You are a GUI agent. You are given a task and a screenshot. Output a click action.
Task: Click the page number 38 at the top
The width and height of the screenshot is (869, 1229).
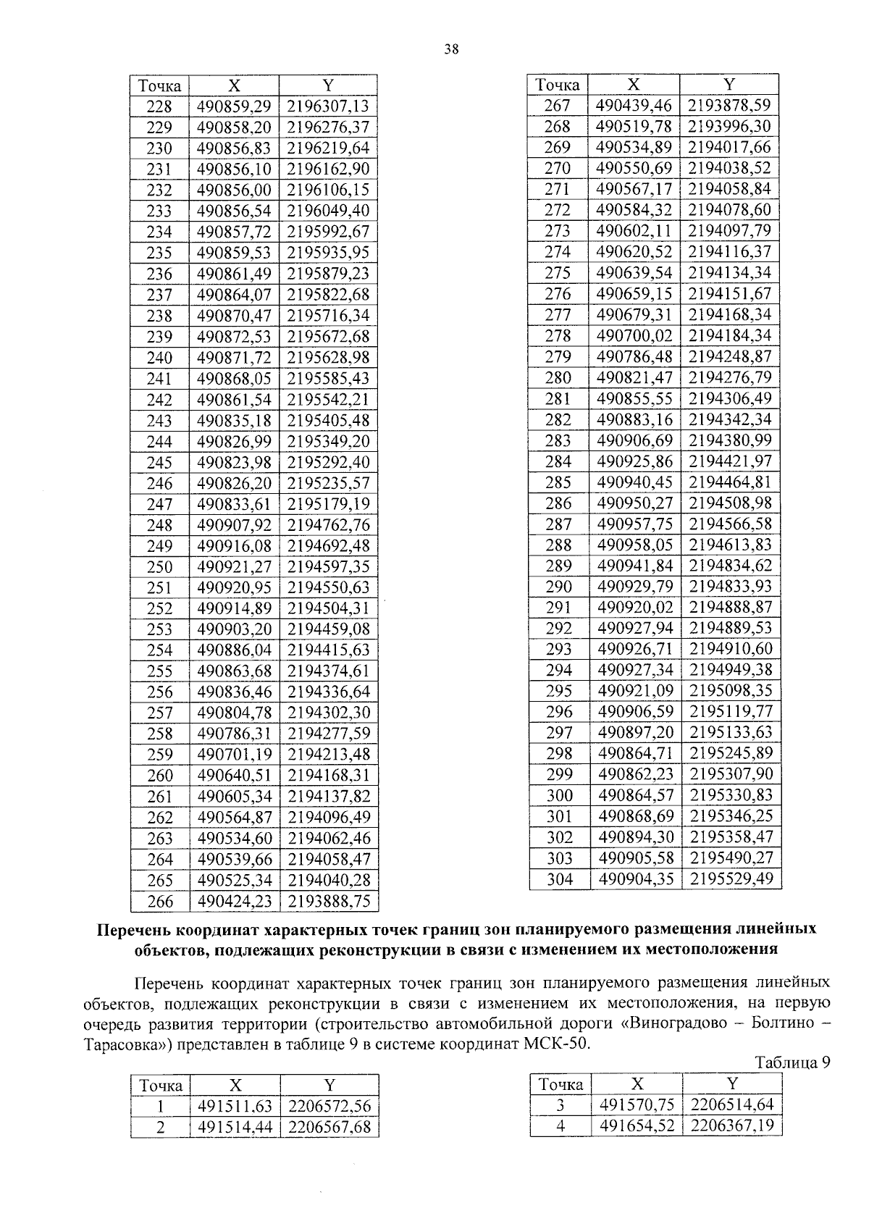[x=450, y=49]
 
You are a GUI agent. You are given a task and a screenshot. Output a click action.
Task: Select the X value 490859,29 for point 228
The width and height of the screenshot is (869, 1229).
[x=234, y=106]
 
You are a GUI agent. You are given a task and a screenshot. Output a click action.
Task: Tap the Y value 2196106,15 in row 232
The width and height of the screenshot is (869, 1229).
[x=328, y=190]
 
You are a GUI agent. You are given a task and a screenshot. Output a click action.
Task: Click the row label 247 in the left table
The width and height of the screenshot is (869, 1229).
[x=159, y=504]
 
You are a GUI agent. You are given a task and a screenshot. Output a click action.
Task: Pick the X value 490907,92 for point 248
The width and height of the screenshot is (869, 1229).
[x=234, y=525]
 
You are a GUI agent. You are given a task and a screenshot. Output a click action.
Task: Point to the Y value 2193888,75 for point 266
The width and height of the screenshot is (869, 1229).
[x=328, y=902]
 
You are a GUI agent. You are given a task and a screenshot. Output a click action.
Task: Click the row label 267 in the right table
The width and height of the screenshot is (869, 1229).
[x=558, y=106]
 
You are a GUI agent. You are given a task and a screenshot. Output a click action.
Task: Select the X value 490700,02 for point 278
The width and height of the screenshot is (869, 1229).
[x=634, y=336]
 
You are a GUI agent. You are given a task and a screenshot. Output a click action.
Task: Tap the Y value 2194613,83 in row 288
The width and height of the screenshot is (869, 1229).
[x=730, y=545]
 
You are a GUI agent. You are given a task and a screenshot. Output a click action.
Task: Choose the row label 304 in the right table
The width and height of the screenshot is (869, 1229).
[x=559, y=879]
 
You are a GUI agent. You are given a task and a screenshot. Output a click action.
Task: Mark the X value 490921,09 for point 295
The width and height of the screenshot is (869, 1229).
[x=634, y=691]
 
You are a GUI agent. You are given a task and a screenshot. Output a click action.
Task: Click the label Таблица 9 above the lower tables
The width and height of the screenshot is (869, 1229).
[x=792, y=1062]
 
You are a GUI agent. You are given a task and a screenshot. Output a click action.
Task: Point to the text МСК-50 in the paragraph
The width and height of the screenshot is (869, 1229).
[x=566, y=1044]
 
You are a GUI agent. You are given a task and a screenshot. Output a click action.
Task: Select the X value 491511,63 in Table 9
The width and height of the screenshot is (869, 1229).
[x=234, y=1107]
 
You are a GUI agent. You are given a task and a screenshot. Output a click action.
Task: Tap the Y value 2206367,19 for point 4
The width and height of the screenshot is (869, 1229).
[x=732, y=1125]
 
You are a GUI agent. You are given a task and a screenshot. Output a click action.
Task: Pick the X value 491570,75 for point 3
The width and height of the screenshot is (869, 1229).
[x=635, y=1104]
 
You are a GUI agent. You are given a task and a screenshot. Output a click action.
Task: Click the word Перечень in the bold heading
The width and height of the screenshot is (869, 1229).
[x=136, y=928]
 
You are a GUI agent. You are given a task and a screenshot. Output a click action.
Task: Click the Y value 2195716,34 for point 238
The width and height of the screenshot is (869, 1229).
[x=328, y=316]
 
